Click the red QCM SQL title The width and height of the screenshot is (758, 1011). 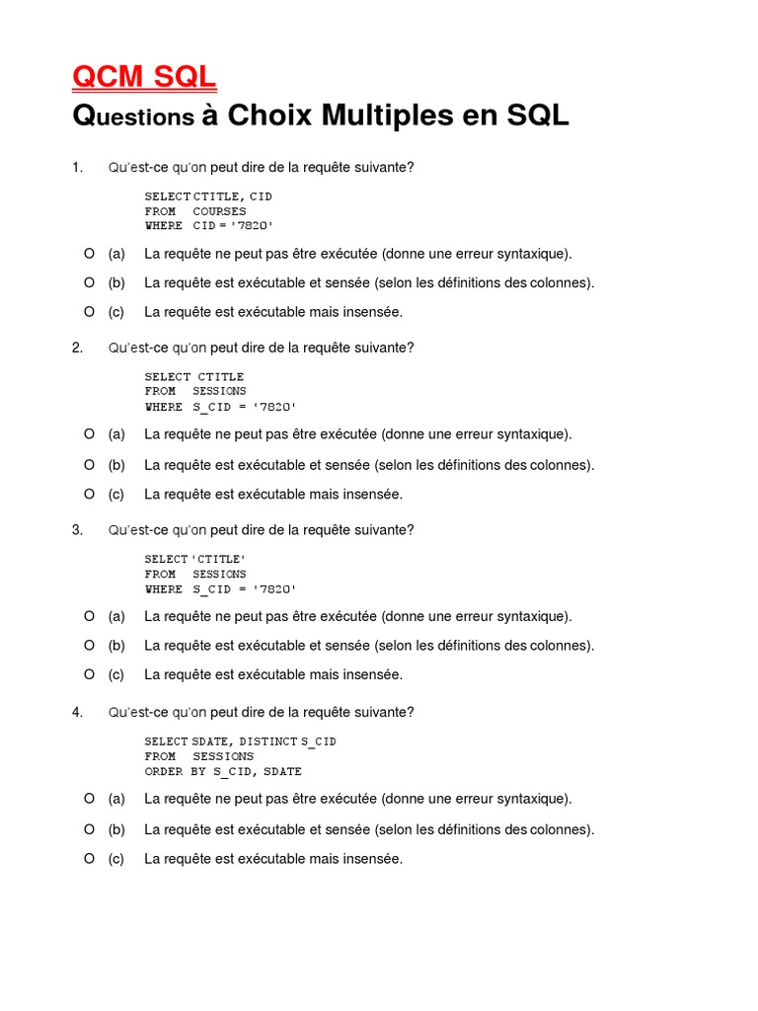[x=144, y=77]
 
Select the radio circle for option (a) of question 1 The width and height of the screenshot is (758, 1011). [x=89, y=254]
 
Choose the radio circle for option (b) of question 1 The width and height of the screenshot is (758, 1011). [x=89, y=282]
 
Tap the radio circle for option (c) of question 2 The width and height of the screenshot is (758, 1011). [x=89, y=494]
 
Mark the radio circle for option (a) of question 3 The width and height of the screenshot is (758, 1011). [x=89, y=616]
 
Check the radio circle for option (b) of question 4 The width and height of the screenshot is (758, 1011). [x=89, y=829]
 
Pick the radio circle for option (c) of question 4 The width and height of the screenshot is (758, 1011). [x=89, y=859]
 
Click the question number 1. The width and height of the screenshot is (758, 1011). [x=76, y=167]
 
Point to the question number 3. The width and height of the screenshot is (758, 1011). [x=76, y=530]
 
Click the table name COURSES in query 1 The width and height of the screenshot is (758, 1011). [x=219, y=211]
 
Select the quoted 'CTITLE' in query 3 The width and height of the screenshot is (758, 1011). [x=218, y=560]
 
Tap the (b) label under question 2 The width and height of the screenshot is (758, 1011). [x=116, y=465]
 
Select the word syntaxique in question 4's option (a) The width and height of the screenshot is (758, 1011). [x=537, y=799]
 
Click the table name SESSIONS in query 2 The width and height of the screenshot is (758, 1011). [x=219, y=392]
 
